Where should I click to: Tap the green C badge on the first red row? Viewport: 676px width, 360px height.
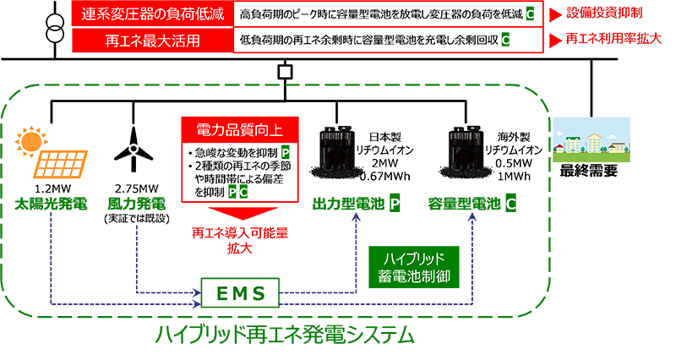529,15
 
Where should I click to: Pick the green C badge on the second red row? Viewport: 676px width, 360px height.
505,39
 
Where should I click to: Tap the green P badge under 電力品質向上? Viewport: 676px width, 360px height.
285,152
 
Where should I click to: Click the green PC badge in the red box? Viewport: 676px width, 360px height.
237,192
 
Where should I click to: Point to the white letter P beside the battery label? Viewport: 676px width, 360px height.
394,204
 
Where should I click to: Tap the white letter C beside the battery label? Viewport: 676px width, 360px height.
511,204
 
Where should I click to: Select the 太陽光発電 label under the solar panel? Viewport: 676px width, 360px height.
49,203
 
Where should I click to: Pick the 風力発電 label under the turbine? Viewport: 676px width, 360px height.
134,203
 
